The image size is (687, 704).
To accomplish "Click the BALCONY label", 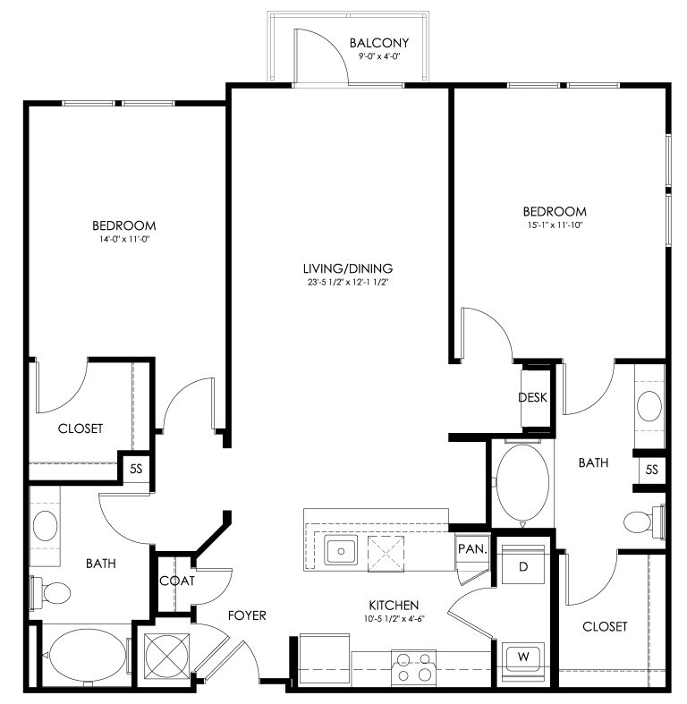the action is [379, 43].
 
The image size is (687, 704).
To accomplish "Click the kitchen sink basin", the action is [341, 550].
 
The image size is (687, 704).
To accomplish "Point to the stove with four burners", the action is [413, 667].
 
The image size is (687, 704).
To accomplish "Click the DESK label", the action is [532, 397].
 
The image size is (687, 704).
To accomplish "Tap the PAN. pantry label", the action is [472, 548].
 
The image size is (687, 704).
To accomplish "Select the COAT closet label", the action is [177, 581].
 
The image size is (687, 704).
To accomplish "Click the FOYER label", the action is [247, 615].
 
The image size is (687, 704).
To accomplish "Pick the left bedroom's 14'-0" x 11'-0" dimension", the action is [124, 240].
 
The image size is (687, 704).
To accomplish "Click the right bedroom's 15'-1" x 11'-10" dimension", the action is [555, 225].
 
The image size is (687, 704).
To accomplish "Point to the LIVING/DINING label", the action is [348, 268].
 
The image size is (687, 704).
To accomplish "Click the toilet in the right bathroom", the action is [644, 522].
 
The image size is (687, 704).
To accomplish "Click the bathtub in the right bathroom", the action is [522, 482].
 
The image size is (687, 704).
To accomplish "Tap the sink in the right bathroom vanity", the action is [649, 406].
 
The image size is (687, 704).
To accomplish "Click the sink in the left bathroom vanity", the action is [45, 526].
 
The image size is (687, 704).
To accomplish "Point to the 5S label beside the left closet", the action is [136, 469].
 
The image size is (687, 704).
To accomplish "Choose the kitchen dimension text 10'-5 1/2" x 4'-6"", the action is [394, 619].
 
